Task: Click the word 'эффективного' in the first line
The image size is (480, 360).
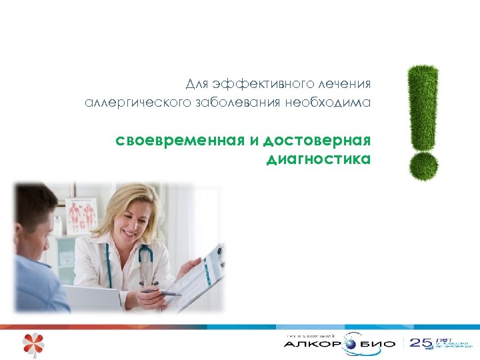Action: [255, 84]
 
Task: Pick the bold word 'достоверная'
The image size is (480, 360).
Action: [317, 141]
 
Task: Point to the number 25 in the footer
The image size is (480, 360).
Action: [421, 343]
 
